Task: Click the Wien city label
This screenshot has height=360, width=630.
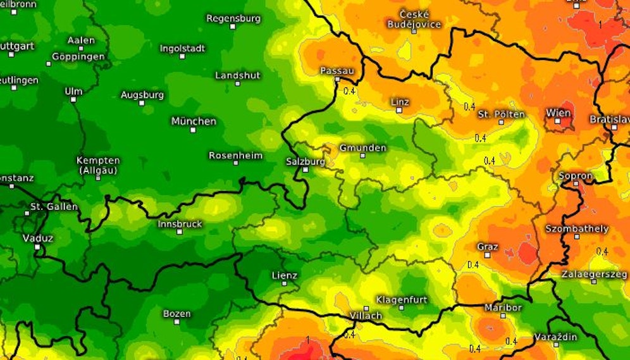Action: pos(558,113)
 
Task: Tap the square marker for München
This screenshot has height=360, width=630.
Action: pos(193,130)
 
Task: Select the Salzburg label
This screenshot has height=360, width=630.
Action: pos(306,161)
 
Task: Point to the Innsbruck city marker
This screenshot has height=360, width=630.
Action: pos(180,232)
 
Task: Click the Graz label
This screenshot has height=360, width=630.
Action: pos(488,246)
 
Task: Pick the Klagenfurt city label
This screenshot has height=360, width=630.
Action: pos(402,299)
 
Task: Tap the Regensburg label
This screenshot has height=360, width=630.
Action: pos(233,18)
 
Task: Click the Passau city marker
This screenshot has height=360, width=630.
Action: pos(337,79)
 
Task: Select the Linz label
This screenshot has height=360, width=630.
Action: pos(400,101)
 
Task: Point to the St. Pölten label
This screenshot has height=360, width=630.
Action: pos(501,114)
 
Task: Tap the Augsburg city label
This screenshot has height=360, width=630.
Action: pos(142,95)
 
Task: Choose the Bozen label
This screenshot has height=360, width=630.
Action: pos(176,313)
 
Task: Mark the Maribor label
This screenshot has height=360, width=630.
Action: pos(503,307)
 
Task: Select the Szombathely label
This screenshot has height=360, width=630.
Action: pos(577,228)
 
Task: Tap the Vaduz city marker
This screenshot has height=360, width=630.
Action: pos(37,247)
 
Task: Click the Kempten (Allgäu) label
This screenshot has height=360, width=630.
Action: pos(98,165)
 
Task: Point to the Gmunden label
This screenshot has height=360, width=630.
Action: pos(362,148)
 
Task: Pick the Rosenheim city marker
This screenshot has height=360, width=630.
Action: pos(236,163)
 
